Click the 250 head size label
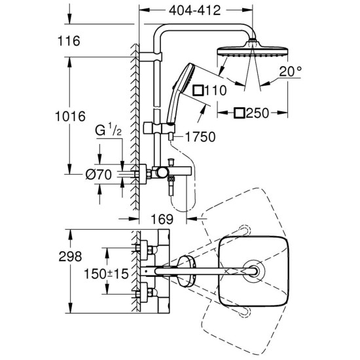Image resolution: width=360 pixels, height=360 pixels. tap(261, 113)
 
